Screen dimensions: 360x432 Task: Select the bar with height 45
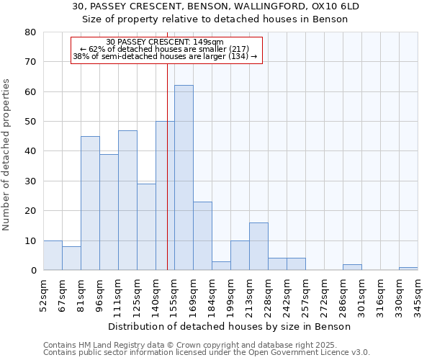tap(90, 203)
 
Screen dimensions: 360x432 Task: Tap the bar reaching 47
tap(127, 200)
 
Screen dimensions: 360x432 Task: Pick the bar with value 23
tap(202, 236)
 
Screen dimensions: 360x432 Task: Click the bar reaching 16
tap(258, 246)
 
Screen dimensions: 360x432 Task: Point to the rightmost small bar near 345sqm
tap(408, 269)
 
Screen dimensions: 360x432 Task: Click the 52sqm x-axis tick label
tap(44, 294)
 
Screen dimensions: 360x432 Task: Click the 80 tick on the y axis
tap(30, 32)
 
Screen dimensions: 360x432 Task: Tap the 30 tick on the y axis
tap(30, 181)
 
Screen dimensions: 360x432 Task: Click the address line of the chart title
tap(216, 6)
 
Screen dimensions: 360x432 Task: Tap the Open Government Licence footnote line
tap(207, 353)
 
